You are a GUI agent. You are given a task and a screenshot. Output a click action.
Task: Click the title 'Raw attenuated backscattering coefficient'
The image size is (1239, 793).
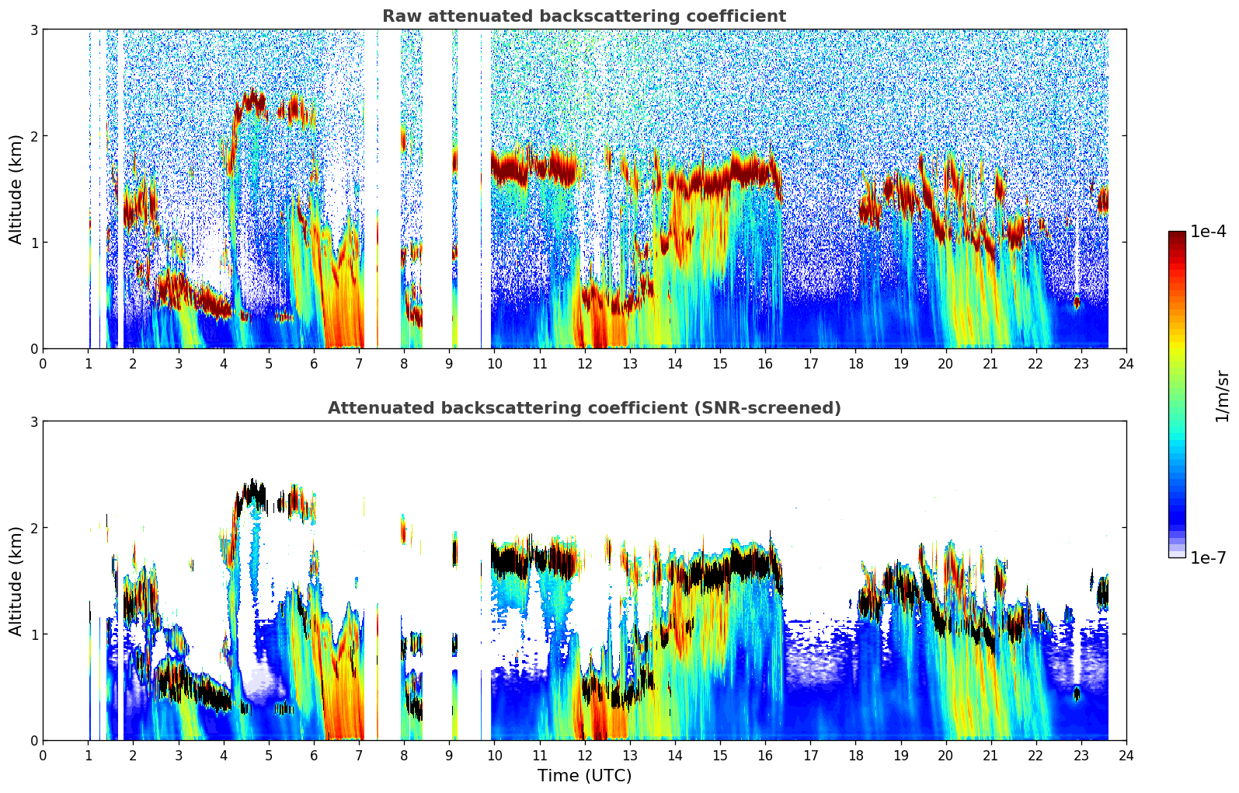(584, 16)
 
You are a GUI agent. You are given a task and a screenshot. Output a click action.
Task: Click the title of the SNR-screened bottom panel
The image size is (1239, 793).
(584, 408)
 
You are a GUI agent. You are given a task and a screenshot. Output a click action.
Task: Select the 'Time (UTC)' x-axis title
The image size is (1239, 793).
(584, 776)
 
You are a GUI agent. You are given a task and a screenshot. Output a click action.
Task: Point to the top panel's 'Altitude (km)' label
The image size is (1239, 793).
(16, 189)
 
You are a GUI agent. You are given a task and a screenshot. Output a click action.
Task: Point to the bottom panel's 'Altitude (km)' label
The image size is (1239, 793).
(16, 581)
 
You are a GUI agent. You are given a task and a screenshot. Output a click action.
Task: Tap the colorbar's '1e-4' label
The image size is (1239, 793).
(1208, 232)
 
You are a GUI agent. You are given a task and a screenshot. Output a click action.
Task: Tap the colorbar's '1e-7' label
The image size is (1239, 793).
(1208, 557)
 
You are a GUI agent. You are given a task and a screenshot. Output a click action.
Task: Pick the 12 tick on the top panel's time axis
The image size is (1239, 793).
(585, 363)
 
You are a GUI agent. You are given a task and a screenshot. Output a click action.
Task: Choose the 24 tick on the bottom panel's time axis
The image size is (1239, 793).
(1126, 755)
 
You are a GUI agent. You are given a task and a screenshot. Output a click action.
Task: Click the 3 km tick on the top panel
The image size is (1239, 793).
(33, 30)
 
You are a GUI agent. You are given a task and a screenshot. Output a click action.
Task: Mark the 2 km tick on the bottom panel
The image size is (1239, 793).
(33, 528)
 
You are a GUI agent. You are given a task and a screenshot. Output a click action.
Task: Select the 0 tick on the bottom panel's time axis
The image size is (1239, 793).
(43, 755)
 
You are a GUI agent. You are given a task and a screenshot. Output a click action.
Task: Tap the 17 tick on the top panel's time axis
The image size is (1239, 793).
(810, 363)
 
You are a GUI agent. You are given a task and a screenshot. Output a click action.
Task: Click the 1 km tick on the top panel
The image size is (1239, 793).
(33, 243)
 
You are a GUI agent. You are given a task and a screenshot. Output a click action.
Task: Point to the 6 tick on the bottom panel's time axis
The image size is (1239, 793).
(314, 755)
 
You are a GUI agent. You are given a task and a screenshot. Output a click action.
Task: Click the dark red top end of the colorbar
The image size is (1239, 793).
(1177, 235)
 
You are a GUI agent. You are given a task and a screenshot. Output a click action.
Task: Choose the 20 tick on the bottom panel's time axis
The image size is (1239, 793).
(945, 755)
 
